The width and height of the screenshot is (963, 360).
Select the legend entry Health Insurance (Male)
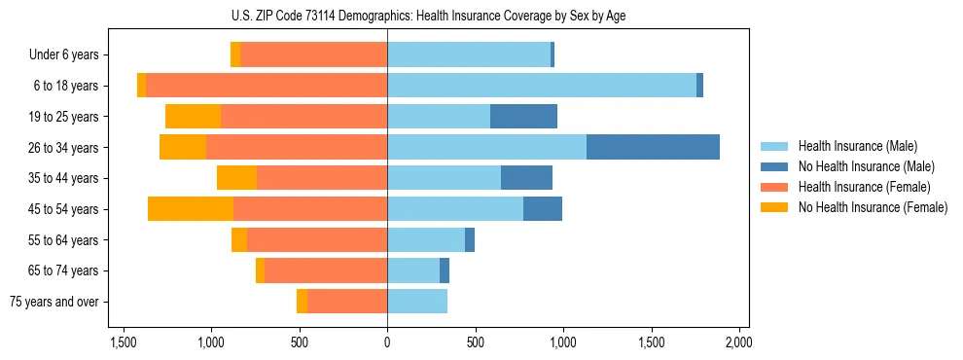pos(851,147)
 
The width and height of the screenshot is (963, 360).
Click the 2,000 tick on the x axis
pos(738,342)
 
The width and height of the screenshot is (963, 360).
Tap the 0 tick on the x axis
pos(387,342)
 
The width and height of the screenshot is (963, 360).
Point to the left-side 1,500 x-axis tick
pos(124,342)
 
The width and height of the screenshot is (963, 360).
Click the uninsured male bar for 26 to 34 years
pos(653,147)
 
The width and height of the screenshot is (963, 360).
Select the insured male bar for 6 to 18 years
pos(542,86)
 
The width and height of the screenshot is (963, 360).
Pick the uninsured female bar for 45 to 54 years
pos(191,208)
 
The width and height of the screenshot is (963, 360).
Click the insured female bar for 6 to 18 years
pos(267,86)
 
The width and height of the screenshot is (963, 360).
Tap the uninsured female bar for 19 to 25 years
pos(193,117)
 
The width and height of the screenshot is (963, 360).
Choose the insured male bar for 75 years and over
pos(417,302)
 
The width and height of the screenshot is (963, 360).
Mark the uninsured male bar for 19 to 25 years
pos(523,117)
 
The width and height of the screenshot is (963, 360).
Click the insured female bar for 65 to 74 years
pos(326,270)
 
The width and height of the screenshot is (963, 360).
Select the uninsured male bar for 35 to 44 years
pos(526,178)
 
